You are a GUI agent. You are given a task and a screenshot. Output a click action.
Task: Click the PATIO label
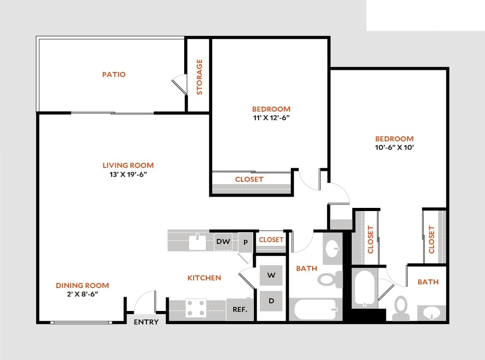tap(113, 74)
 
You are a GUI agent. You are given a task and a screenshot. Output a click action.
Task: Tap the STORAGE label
tap(199, 77)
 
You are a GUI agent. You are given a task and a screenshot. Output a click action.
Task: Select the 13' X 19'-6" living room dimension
tap(128, 175)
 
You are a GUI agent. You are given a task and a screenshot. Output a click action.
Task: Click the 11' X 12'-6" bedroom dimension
tap(271, 118)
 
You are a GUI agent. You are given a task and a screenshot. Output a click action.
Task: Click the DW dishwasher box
tap(223, 242)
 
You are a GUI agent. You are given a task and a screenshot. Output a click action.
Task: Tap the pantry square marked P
tap(245, 242)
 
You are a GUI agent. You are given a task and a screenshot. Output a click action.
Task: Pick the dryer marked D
tap(271, 301)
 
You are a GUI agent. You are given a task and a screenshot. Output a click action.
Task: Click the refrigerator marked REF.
tap(240, 310)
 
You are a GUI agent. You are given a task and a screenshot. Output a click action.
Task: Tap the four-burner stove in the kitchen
tap(196, 308)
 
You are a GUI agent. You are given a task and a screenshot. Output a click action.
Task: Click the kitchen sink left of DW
tap(197, 242)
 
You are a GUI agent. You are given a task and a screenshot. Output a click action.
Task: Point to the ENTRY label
tap(146, 322)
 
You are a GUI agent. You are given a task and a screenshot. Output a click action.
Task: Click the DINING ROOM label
tap(82, 285)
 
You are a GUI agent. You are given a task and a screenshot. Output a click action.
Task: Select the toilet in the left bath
tap(331, 279)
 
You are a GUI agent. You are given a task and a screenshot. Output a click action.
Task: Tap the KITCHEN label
tap(204, 278)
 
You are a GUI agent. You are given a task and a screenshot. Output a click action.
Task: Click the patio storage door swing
tap(179, 84)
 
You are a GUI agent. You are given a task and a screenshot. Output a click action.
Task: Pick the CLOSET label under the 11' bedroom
tap(249, 179)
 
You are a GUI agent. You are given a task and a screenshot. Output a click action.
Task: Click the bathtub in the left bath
tap(315, 310)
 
